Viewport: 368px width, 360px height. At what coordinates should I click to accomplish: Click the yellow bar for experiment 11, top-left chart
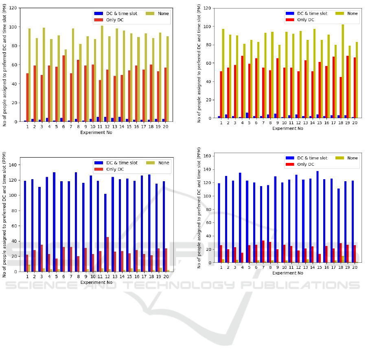point(102,73)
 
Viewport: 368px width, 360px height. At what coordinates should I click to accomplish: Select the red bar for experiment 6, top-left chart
point(64,88)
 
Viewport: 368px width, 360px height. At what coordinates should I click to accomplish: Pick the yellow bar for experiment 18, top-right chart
point(343,71)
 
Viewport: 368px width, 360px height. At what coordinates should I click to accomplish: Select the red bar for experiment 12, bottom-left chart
point(107,254)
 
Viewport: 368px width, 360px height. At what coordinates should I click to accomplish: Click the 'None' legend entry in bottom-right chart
point(352,158)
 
